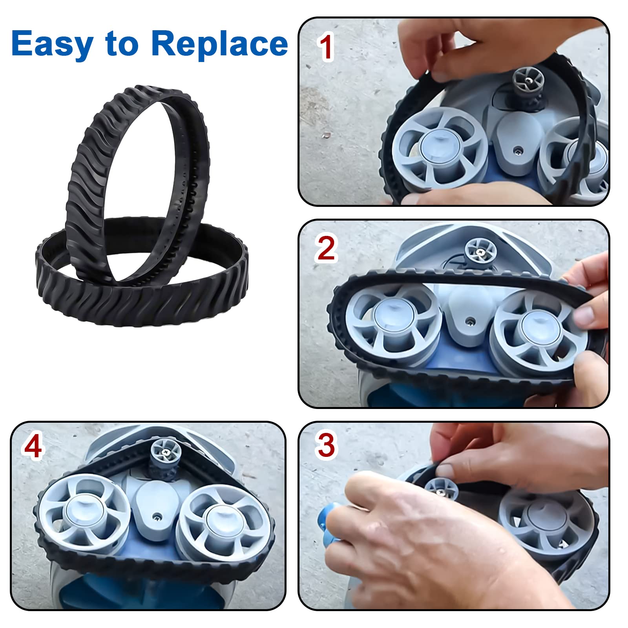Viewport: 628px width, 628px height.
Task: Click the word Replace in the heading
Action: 219,43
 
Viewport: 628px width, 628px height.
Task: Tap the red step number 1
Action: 325,47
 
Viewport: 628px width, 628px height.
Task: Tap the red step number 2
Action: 326,248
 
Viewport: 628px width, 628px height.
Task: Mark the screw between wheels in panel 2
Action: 468,321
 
